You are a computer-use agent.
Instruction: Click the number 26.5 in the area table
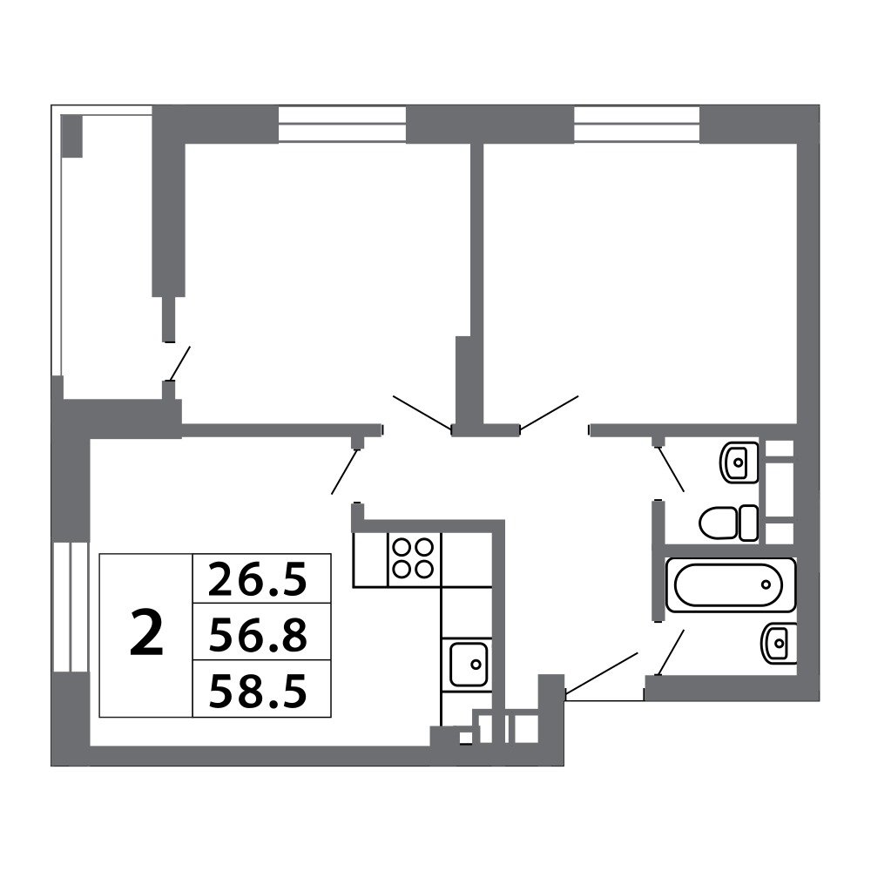click(x=258, y=579)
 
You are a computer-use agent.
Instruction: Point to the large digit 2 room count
click(x=146, y=632)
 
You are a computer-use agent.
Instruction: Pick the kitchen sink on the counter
click(x=469, y=664)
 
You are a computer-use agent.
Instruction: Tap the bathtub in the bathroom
click(x=730, y=585)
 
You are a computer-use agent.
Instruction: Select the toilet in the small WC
click(x=728, y=523)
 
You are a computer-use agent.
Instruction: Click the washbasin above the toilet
click(x=739, y=463)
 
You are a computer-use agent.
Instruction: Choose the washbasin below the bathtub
click(x=779, y=644)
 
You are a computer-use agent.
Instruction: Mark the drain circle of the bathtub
click(x=766, y=584)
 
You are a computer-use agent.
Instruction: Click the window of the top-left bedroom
click(x=341, y=124)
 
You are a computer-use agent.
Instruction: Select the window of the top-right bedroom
click(x=637, y=124)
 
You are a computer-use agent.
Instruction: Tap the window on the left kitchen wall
click(x=71, y=607)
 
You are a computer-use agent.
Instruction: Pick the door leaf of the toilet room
click(x=671, y=469)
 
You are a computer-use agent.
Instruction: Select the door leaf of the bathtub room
click(x=671, y=652)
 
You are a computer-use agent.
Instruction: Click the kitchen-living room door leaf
click(x=344, y=471)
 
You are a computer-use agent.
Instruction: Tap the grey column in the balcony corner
click(x=71, y=136)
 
